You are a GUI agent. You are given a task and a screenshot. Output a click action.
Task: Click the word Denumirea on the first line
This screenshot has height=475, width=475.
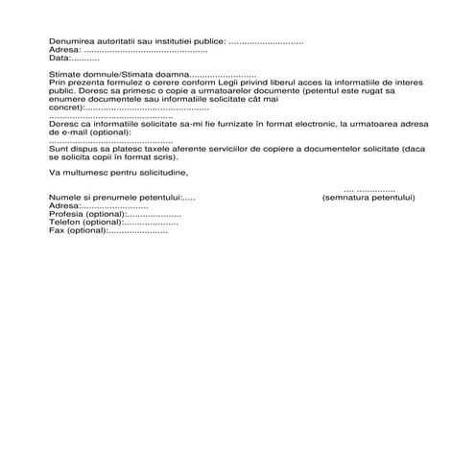[70, 42]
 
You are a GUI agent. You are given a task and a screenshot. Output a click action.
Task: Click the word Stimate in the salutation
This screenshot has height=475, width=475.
[64, 75]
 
